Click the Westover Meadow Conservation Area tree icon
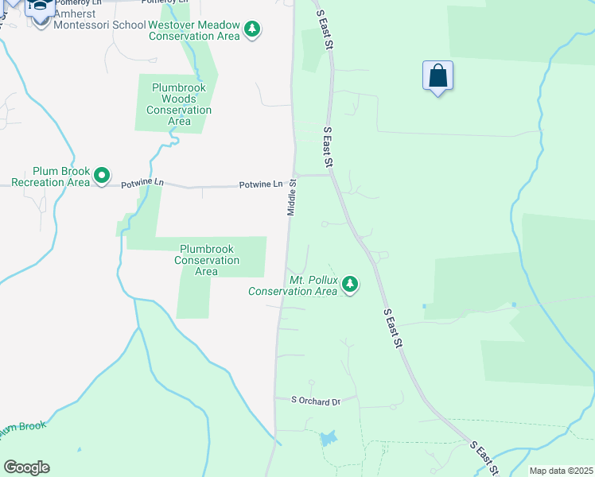point(252,29)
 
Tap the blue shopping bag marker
point(437,76)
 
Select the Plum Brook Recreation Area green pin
point(102,175)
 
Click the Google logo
point(26,467)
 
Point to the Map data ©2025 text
point(560,471)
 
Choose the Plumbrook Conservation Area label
point(207,260)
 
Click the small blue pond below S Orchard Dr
point(329,438)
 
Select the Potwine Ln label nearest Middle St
point(261,184)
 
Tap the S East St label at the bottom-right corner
point(483,456)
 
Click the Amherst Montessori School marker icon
point(39,7)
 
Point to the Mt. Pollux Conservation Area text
point(292,287)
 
